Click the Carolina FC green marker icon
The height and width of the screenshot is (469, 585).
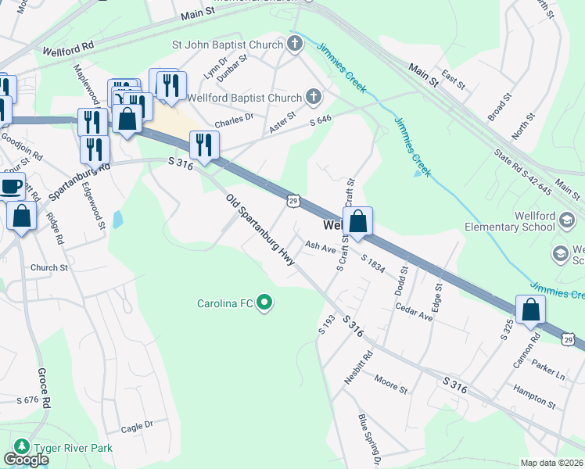264,302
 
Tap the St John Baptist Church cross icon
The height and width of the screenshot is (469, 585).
295,44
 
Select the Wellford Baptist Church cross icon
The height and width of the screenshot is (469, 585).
313,98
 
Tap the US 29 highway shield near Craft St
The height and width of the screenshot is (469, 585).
292,201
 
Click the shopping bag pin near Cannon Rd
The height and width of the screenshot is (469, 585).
531,309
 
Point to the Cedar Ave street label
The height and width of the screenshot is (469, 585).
414,314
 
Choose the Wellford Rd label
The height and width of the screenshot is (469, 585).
69,47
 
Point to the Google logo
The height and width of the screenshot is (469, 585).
26,460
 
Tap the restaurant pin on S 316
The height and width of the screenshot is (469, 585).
204,145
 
